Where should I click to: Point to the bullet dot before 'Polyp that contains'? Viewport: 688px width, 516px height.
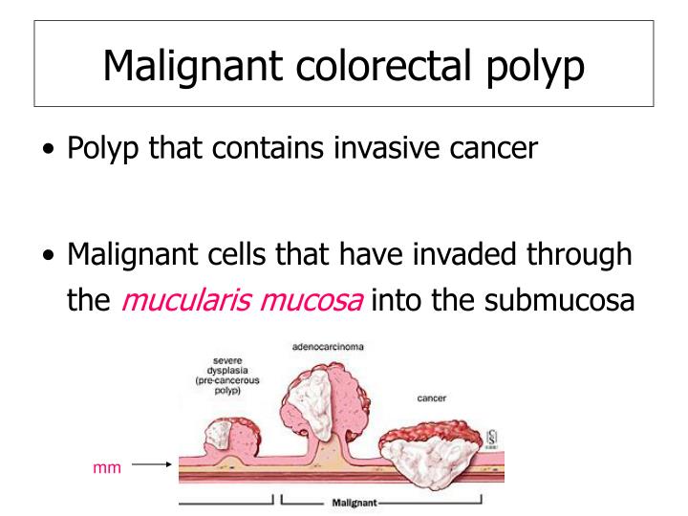pyautogui.click(x=49, y=151)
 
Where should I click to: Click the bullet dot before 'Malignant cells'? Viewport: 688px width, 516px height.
pyautogui.click(x=49, y=256)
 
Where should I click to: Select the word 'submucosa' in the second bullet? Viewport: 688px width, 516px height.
pyautogui.click(x=551, y=299)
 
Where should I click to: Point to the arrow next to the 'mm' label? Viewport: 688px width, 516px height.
pyautogui.click(x=150, y=465)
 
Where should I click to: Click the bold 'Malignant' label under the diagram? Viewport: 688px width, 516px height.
pyautogui.click(x=353, y=502)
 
